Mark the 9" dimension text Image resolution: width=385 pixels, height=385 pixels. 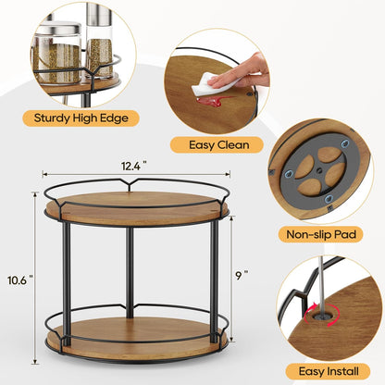click(x=242, y=274)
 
